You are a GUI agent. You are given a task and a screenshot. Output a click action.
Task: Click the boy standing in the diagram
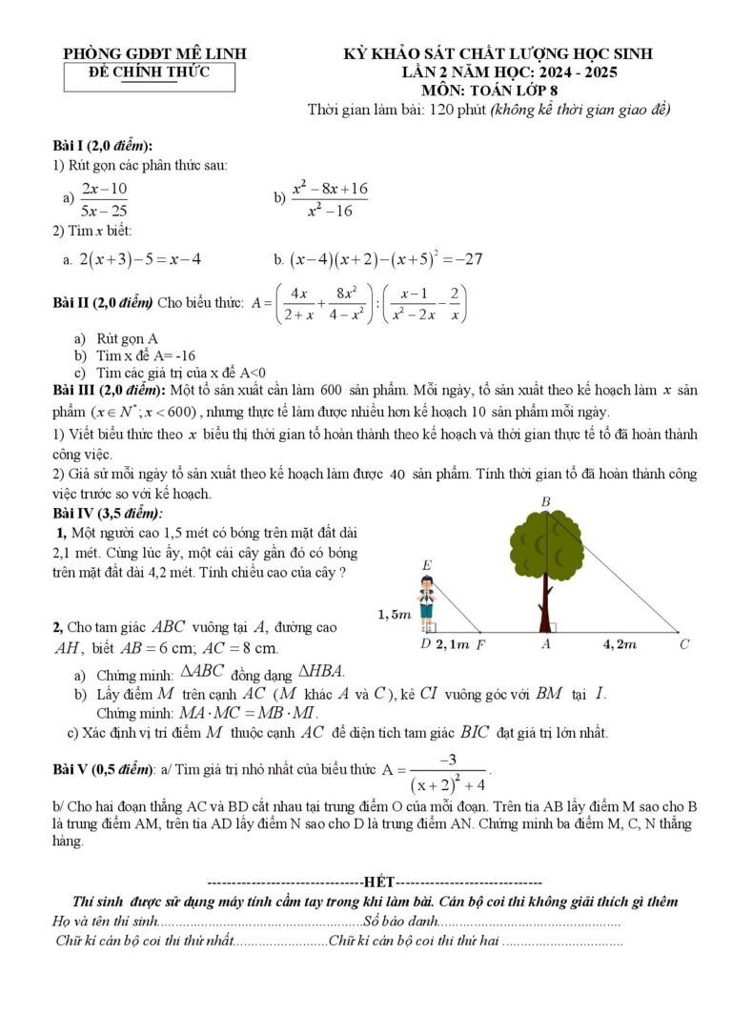pyautogui.click(x=427, y=603)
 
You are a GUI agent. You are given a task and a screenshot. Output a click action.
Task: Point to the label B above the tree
pyautogui.click(x=545, y=501)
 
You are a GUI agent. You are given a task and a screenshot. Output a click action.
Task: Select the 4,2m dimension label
pyautogui.click(x=620, y=645)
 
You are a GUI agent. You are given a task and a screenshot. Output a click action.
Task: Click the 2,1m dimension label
pyautogui.click(x=453, y=645)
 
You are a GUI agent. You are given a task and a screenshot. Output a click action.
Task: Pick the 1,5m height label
pyautogui.click(x=394, y=615)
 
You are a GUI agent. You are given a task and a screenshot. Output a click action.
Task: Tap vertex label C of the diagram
pyautogui.click(x=684, y=645)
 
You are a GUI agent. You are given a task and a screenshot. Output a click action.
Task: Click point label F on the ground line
pyautogui.click(x=480, y=645)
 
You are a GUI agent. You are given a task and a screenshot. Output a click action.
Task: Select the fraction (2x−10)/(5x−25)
pyautogui.click(x=105, y=199)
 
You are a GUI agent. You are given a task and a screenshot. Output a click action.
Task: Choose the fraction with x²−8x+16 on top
pyautogui.click(x=330, y=199)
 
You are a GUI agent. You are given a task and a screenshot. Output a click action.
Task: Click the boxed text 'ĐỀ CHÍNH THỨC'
pyautogui.click(x=149, y=72)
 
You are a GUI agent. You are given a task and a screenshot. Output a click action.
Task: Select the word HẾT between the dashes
pyautogui.click(x=378, y=883)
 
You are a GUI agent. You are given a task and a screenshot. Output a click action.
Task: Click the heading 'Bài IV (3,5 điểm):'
pyautogui.click(x=108, y=513)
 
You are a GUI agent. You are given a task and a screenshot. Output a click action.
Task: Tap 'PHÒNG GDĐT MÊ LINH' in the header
pyautogui.click(x=154, y=54)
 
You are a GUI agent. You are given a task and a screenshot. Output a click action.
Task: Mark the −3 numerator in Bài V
pyautogui.click(x=448, y=760)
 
